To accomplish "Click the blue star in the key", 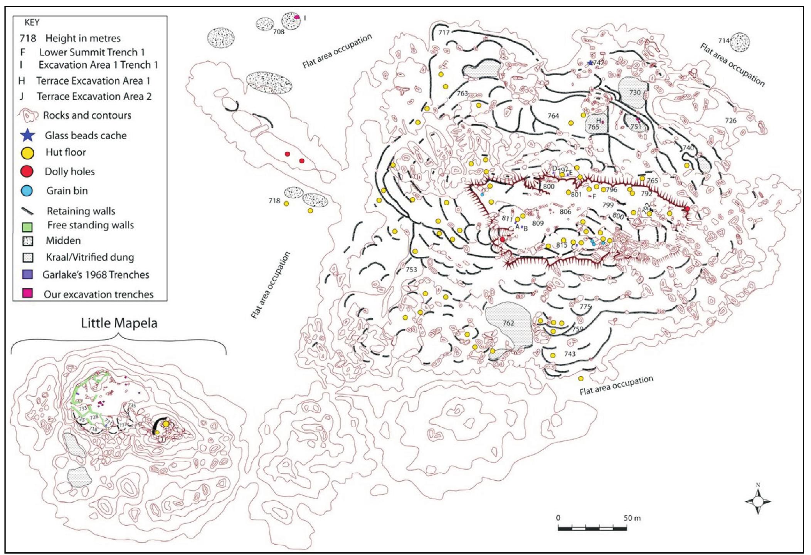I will coord(29,136).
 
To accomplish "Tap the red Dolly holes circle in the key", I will coord(28,171).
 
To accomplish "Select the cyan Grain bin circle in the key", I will coord(28,191).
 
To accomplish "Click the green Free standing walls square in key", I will coord(28,226).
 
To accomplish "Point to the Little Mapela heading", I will coord(119,323).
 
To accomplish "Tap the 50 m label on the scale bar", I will coord(632,518).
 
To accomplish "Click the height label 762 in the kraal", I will coord(508,323).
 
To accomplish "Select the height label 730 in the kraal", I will coord(634,92).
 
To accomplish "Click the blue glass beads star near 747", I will coord(590,63).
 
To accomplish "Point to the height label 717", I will coord(444,32).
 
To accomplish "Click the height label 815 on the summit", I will coord(561,245).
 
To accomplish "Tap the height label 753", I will coord(411,269).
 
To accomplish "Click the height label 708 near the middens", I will coord(279,32).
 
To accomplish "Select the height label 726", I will coord(730,121).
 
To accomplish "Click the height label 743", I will coord(570,354).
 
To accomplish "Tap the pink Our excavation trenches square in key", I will coord(28,293).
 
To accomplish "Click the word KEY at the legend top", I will coord(32,22).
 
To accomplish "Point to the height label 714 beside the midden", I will coord(724,40).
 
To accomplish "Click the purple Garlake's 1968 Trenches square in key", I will coord(28,274).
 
